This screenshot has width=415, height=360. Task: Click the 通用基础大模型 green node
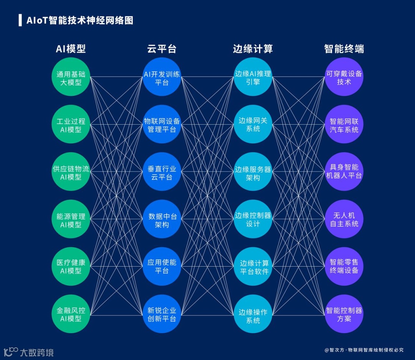click(71, 77)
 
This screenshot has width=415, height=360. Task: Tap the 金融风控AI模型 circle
click(71, 314)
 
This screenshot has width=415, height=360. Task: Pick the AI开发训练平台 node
click(162, 77)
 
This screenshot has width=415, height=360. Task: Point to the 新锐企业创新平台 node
click(162, 314)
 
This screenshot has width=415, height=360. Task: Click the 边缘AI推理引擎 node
click(253, 77)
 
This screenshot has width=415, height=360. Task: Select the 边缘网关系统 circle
click(253, 124)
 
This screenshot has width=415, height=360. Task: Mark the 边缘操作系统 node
click(253, 314)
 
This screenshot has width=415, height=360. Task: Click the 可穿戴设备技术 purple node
click(344, 77)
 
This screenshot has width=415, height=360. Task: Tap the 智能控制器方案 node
click(344, 314)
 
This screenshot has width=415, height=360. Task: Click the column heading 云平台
click(162, 49)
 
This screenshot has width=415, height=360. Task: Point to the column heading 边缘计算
click(253, 49)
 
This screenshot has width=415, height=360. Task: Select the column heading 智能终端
click(344, 49)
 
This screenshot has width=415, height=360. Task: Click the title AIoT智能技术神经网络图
click(80, 20)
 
